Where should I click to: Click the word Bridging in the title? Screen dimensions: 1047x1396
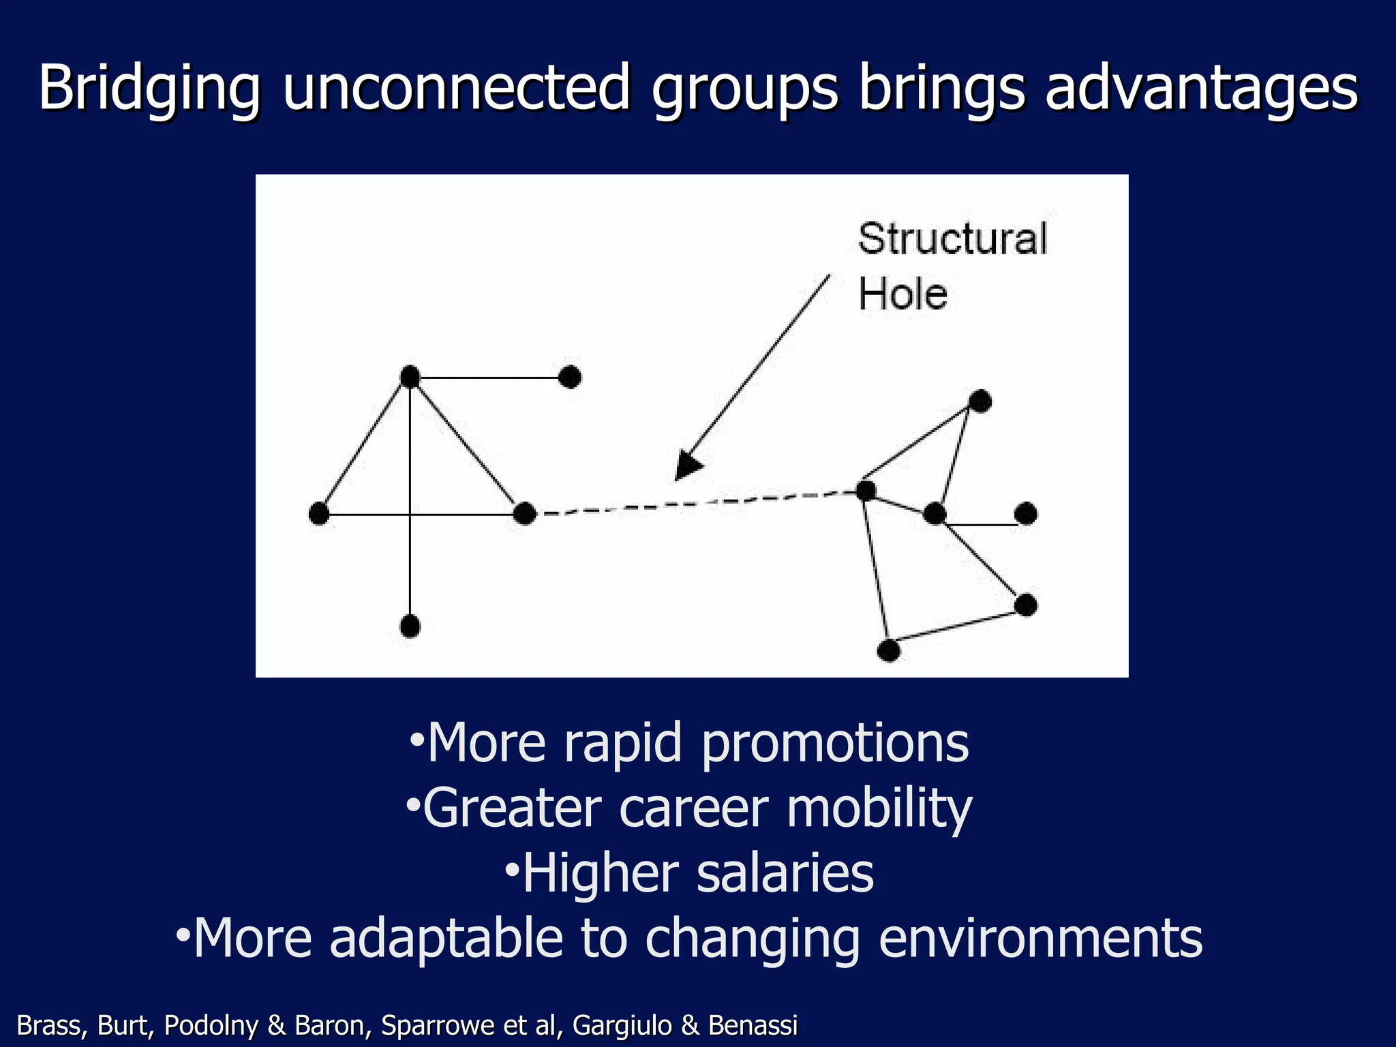coord(149,89)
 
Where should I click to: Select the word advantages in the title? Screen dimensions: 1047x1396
coord(1202,89)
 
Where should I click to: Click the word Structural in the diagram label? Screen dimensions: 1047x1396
coord(952,239)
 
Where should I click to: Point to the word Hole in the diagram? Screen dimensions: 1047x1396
coord(902,294)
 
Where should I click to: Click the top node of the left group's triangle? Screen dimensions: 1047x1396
coord(410,376)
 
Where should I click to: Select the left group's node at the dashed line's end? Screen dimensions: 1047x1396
coord(524,513)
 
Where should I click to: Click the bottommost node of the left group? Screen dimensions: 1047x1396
coord(410,626)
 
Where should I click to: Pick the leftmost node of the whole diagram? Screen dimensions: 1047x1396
coord(319,513)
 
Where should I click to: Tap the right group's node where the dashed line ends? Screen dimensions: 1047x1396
coord(866,490)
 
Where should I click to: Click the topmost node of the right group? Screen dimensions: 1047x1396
coord(980,401)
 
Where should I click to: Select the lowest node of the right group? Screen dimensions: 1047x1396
coord(888,650)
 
